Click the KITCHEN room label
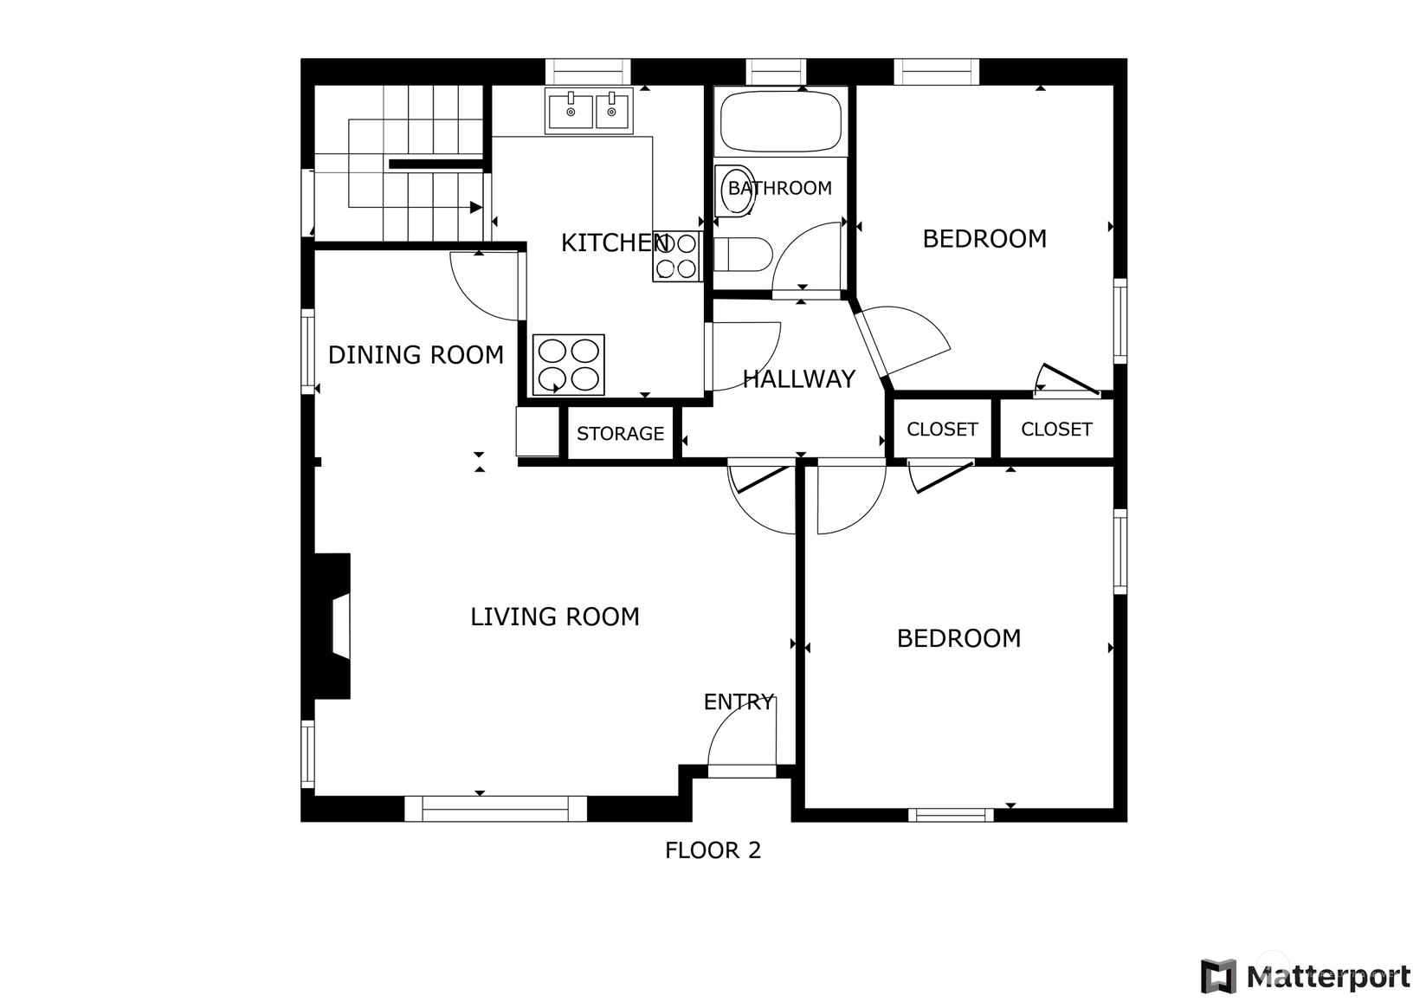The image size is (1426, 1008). (615, 242)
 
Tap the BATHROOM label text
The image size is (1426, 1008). (780, 188)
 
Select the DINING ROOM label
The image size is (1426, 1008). (416, 355)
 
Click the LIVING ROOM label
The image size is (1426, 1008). (554, 617)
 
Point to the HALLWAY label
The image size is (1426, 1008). (799, 379)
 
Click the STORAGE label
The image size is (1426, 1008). (620, 434)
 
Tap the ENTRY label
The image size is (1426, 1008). (739, 701)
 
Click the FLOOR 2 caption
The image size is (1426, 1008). (713, 850)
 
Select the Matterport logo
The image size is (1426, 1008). (1306, 976)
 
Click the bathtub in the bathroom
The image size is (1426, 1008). (780, 121)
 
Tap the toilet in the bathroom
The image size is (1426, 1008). (743, 255)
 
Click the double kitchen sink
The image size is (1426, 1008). (589, 111)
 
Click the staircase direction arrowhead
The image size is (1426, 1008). (475, 207)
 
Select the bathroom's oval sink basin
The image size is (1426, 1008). (735, 191)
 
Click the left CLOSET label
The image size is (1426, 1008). (942, 430)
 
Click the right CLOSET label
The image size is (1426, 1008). (1057, 430)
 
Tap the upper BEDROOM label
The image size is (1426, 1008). (984, 239)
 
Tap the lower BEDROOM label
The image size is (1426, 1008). (958, 638)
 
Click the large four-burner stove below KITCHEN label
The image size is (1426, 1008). (569, 365)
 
